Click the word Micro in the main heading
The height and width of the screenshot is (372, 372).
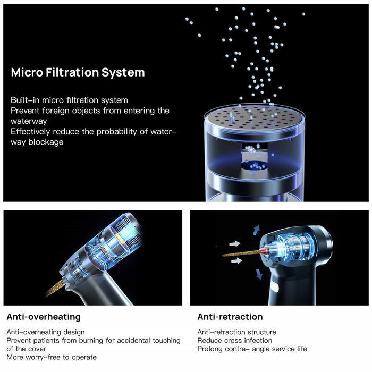[x=27, y=72]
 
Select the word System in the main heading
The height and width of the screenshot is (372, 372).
[x=123, y=73]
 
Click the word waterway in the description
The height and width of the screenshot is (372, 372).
[x=29, y=121]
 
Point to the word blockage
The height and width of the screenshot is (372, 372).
[x=46, y=142]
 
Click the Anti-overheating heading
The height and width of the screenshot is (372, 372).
[x=44, y=317]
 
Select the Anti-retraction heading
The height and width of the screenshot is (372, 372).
[x=230, y=317]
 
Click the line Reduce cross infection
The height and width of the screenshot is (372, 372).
[x=235, y=341]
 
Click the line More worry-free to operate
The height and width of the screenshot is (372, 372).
[x=52, y=357]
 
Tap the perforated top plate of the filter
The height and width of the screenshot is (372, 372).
[x=255, y=117]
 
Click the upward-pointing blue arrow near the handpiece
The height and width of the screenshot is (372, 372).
[x=256, y=230]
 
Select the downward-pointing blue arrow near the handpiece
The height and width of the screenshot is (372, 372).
[x=259, y=274]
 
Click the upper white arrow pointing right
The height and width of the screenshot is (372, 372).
[x=235, y=243]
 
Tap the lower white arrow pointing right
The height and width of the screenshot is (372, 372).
[x=236, y=261]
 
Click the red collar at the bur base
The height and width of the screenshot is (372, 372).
[x=264, y=251]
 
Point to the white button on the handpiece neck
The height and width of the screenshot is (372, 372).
[x=275, y=287]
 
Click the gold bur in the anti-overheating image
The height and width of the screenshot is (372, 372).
[x=55, y=288]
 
